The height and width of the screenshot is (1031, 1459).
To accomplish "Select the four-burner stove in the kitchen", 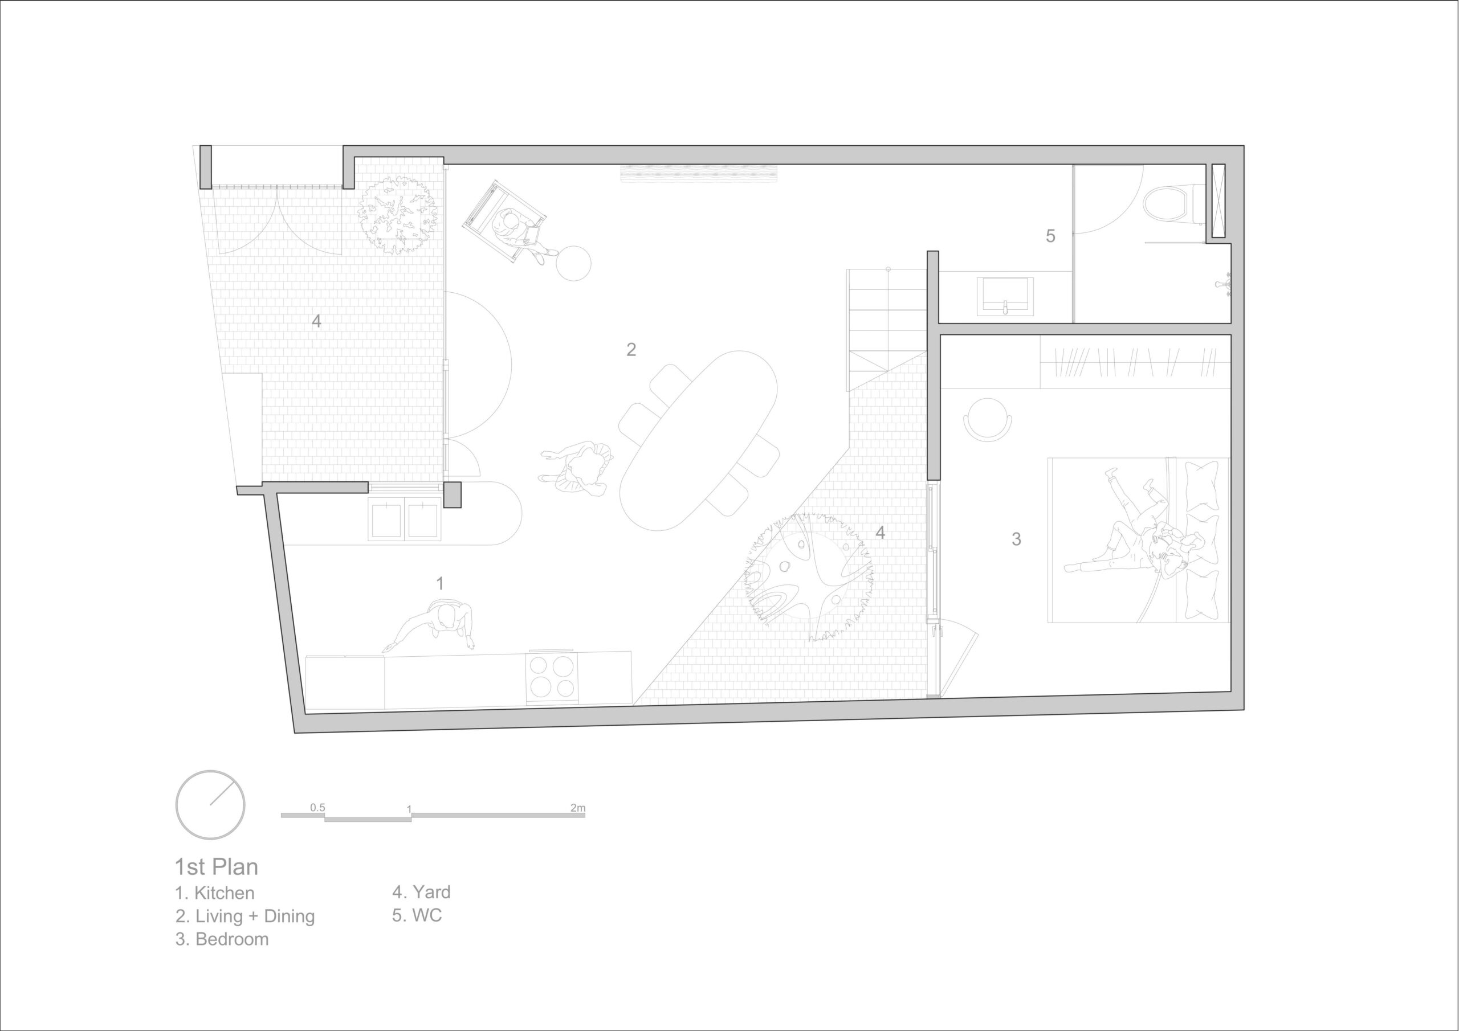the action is pyautogui.click(x=552, y=677).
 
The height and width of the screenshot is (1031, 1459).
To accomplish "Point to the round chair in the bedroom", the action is pyautogui.click(x=988, y=418).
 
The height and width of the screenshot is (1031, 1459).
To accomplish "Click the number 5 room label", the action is pyautogui.click(x=1050, y=236).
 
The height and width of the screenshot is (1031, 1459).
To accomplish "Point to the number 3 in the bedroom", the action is pyautogui.click(x=1016, y=539).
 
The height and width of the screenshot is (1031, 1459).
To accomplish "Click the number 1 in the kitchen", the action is pyautogui.click(x=439, y=583).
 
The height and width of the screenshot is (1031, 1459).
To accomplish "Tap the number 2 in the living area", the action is pyautogui.click(x=631, y=349).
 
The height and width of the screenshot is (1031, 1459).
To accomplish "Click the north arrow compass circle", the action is pyautogui.click(x=210, y=805).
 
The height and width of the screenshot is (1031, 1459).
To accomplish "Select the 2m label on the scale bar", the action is pyautogui.click(x=578, y=808).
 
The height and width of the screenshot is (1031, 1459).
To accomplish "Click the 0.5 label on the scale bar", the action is pyautogui.click(x=317, y=807).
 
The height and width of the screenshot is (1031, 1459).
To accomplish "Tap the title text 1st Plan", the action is pyautogui.click(x=217, y=867).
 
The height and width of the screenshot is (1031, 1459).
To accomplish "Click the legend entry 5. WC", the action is pyautogui.click(x=417, y=915).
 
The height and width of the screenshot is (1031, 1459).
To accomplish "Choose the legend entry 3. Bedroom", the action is pyautogui.click(x=222, y=939).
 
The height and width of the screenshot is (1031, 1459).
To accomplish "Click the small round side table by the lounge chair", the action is pyautogui.click(x=573, y=263).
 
